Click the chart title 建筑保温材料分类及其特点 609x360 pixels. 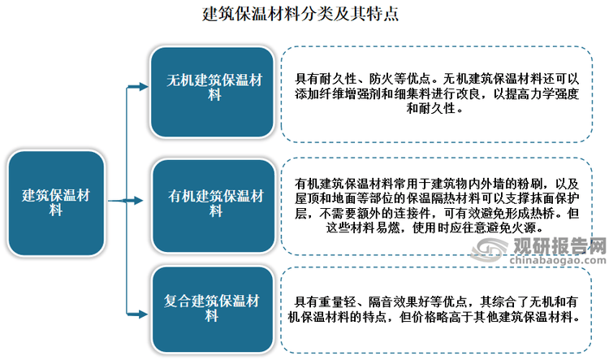click(x=300, y=14)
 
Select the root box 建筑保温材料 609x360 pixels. click(x=56, y=203)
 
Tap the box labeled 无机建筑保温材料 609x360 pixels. click(x=213, y=92)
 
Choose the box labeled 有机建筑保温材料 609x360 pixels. click(x=214, y=206)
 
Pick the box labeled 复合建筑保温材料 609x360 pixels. click(x=213, y=309)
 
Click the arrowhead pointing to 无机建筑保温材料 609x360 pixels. click(x=143, y=87)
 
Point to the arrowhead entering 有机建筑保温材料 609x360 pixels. click(x=138, y=201)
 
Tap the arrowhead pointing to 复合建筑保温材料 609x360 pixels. click(x=143, y=314)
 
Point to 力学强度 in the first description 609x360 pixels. click(x=555, y=94)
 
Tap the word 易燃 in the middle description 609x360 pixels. click(x=387, y=228)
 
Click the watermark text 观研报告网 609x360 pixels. click(x=559, y=245)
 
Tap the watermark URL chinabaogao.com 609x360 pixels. click(x=558, y=261)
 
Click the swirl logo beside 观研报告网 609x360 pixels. click(x=490, y=249)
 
